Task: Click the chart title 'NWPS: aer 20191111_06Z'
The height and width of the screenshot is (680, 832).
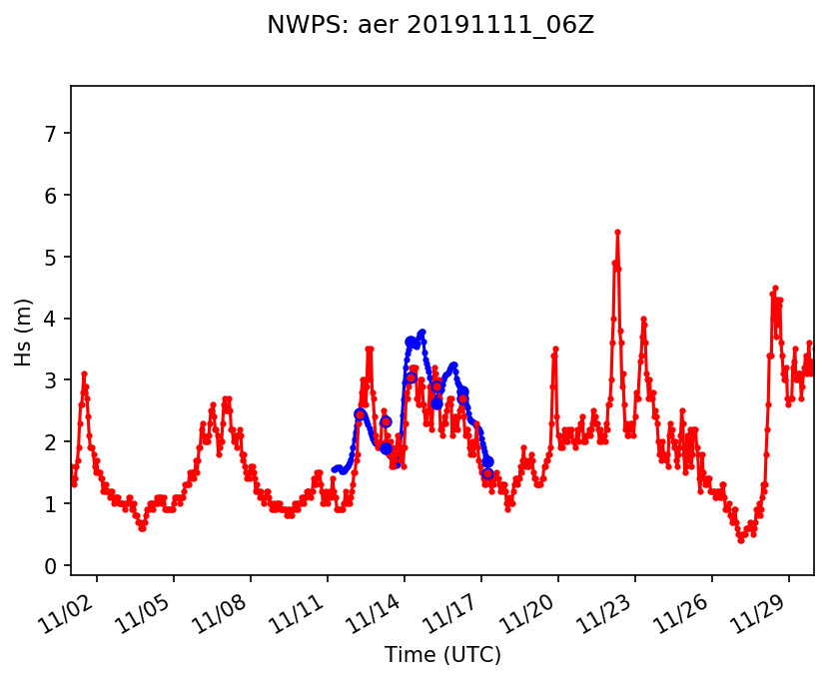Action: point(430,26)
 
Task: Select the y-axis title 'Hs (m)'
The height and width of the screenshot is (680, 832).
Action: point(24,331)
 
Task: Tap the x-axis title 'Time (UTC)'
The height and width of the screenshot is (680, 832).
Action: point(442,655)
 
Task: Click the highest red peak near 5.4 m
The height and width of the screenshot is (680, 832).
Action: point(617,232)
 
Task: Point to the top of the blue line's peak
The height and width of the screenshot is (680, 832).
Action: point(422,332)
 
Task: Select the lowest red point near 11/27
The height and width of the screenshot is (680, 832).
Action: point(740,540)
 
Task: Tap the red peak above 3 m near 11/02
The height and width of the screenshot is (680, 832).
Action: point(84,373)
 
